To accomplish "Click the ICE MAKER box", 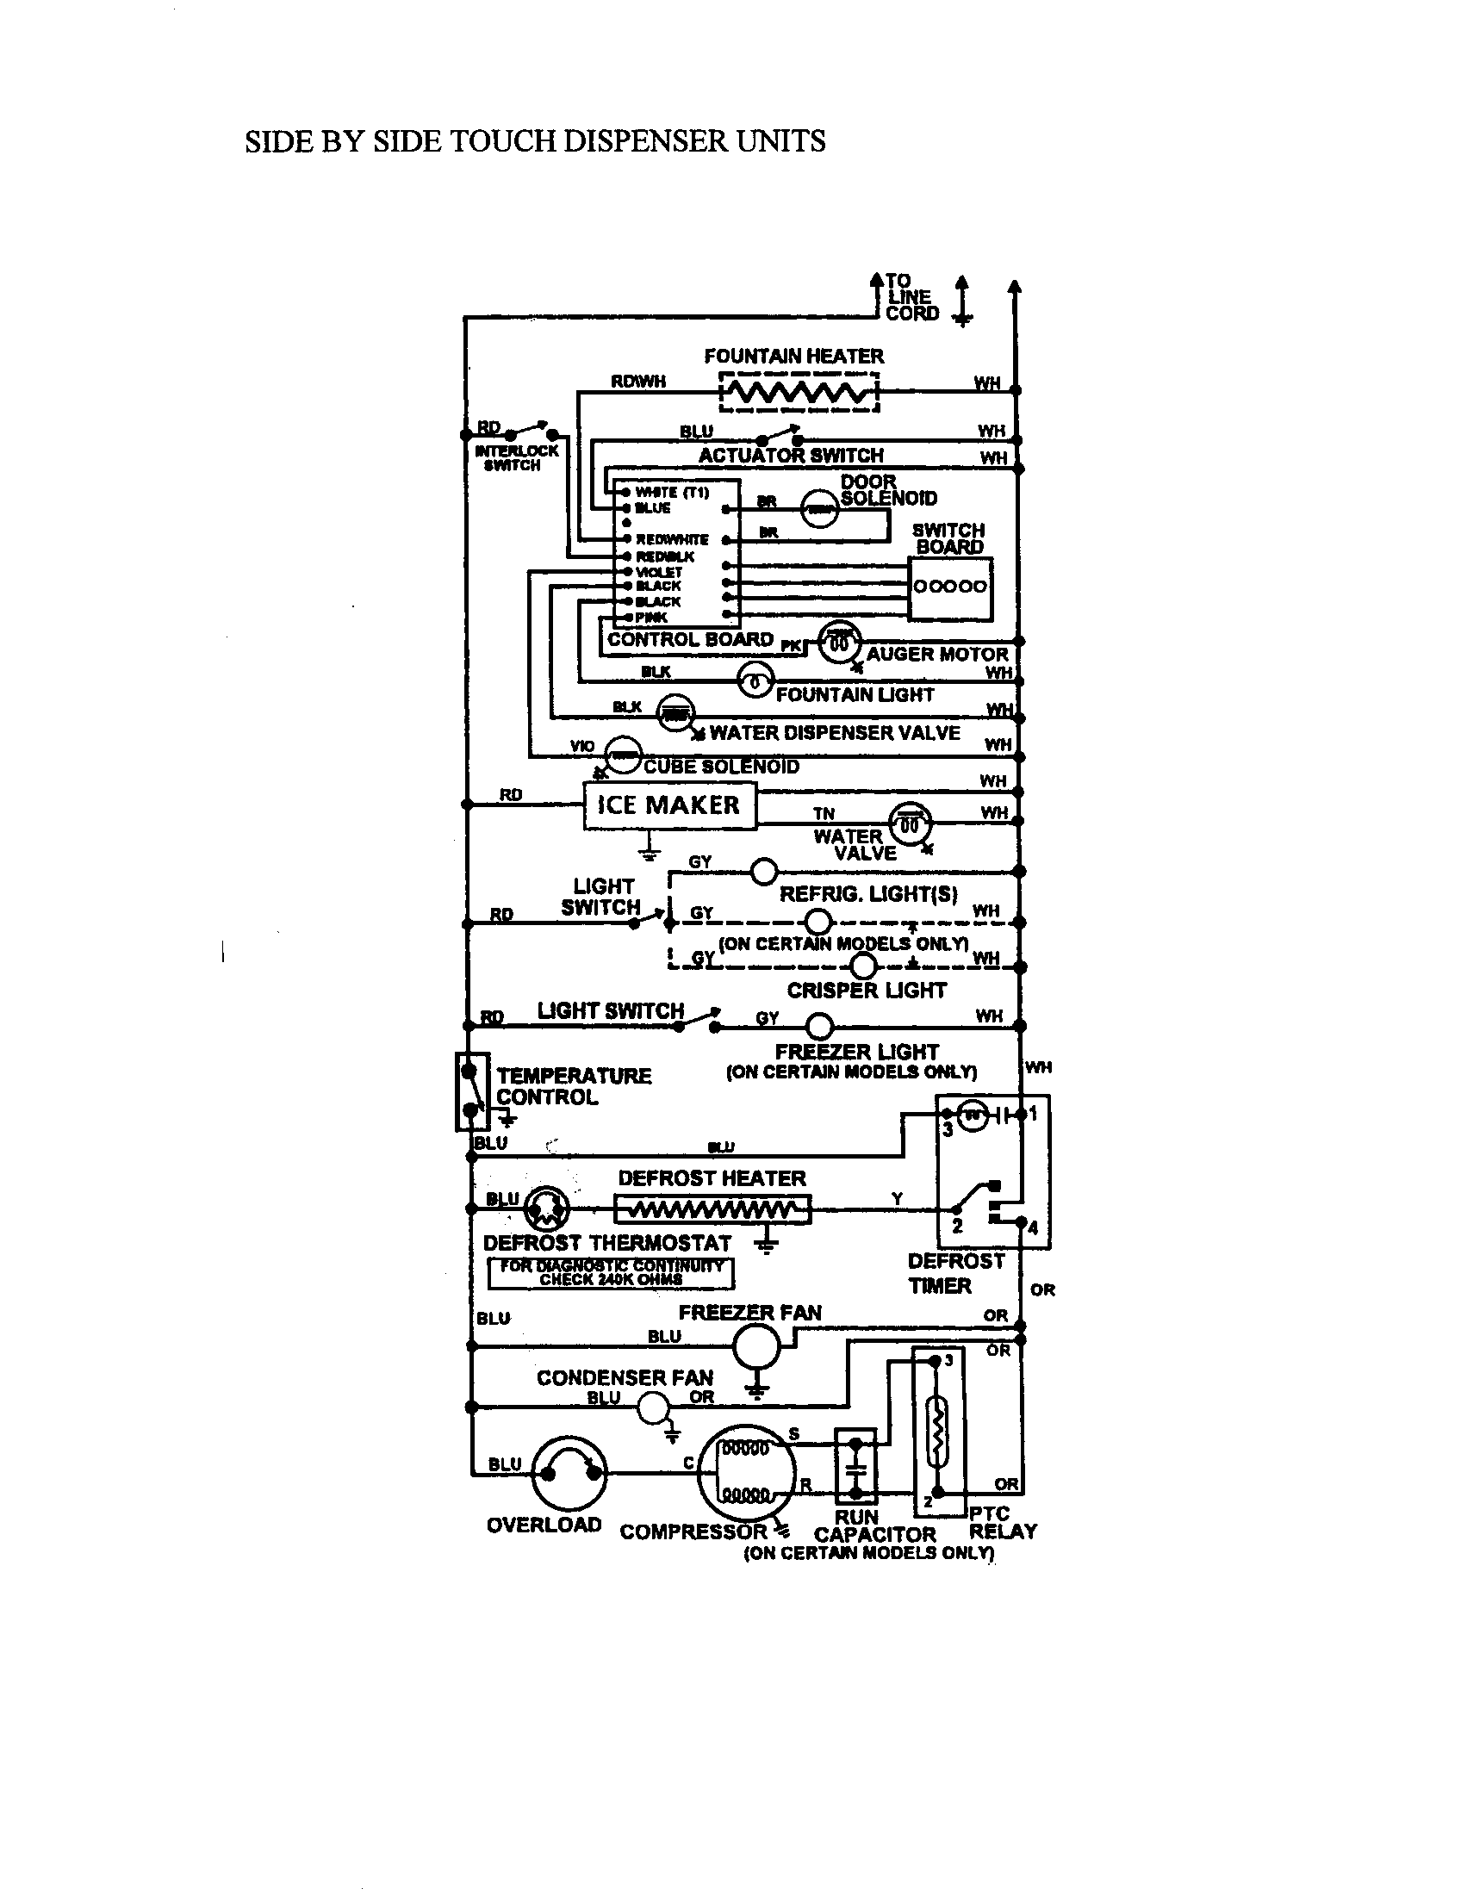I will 668,805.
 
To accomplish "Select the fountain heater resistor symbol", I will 799,394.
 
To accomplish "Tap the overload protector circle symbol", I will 569,1474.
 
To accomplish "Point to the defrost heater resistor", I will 712,1209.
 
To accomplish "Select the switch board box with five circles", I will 950,588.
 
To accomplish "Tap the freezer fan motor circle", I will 756,1345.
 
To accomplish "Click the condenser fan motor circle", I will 653,1407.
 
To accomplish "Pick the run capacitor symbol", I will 856,1467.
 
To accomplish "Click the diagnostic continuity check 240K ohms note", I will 611,1273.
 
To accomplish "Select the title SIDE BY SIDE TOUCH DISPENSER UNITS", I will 534,141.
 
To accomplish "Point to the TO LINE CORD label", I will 911,298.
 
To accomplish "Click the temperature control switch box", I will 471,1091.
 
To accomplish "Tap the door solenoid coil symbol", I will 819,510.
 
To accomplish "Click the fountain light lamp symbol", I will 755,682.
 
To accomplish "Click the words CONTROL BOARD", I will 690,639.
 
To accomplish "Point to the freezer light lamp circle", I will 820,1027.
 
